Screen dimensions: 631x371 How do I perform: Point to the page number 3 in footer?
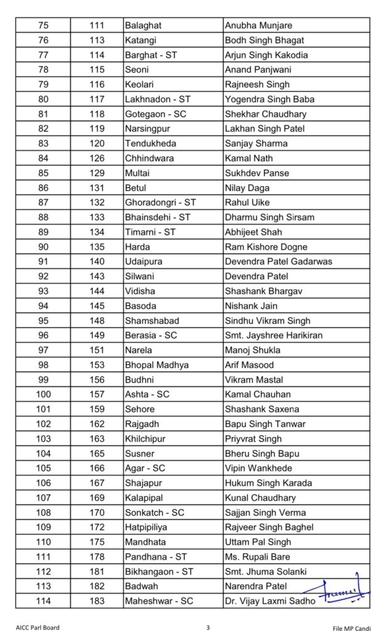tap(208, 627)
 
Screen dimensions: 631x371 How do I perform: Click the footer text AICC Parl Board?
tap(38, 627)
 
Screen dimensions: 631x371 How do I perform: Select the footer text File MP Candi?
tap(347, 627)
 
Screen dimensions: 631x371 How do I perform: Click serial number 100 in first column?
tap(44, 394)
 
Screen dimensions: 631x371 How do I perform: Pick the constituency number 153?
tap(97, 365)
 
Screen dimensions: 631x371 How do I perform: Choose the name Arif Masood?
tap(250, 365)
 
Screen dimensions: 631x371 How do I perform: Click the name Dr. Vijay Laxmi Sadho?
tap(269, 601)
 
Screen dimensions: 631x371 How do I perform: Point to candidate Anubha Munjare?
tap(258, 26)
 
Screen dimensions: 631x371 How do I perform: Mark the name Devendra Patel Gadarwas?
tap(279, 261)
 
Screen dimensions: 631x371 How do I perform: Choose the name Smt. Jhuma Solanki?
tap(266, 571)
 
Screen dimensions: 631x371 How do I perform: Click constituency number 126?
tap(97, 158)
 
